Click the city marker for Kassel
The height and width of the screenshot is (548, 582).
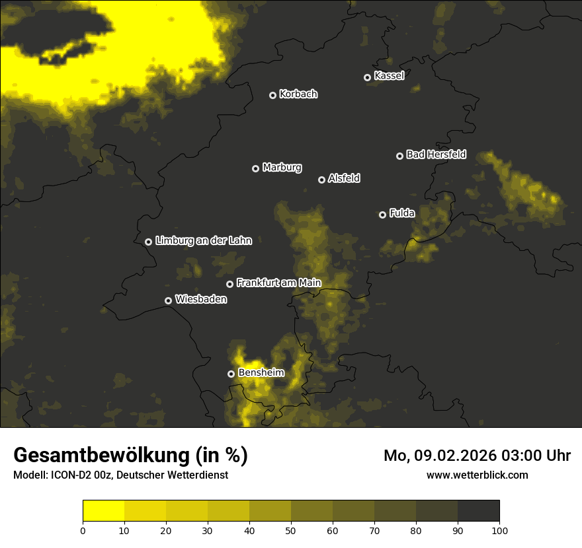point(367,77)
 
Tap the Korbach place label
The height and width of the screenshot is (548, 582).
point(298,94)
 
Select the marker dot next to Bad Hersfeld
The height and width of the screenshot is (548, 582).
point(399,156)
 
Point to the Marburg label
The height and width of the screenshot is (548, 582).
point(282,168)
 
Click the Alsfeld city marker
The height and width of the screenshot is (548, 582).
point(321,180)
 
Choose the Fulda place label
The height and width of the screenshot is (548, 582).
point(402,213)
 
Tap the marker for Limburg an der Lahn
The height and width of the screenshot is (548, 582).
point(148,242)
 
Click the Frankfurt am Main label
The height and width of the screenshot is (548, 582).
point(278,283)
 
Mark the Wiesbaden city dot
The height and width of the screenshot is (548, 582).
point(168,300)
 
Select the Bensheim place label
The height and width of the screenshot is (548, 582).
point(261,372)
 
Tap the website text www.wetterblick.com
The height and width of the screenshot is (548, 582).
point(477,475)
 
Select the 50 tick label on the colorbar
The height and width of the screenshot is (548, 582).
point(291,530)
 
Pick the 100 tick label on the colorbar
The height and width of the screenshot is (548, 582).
point(499,530)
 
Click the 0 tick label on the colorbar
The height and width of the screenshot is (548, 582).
point(83,530)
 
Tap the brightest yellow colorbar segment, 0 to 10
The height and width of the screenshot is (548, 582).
point(103,511)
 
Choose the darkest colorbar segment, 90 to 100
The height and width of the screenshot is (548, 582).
point(478,511)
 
